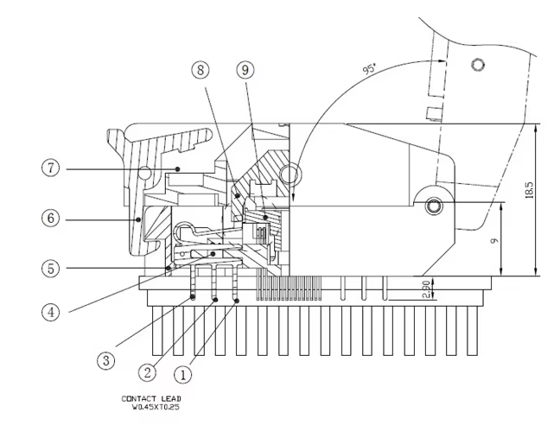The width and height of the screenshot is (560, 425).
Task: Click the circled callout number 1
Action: pos(182,375)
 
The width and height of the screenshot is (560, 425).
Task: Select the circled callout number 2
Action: pos(147,373)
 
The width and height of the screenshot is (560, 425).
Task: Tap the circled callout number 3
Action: pos(106,360)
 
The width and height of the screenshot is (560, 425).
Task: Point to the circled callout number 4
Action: pos(51,312)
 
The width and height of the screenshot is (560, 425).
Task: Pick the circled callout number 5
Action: pos(51,269)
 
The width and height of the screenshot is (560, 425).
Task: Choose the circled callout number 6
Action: pos(51,218)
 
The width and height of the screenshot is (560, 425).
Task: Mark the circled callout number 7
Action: pos(51,168)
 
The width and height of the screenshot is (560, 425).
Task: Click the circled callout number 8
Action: pos(200,70)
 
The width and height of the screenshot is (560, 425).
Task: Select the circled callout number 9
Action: pos(245,70)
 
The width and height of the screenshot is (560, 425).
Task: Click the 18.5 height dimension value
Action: pos(529,190)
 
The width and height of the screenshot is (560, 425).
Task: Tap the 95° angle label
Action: pos(370,68)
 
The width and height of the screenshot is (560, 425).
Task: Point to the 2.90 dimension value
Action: pos(426,289)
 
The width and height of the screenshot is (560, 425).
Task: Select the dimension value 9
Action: pos(494,241)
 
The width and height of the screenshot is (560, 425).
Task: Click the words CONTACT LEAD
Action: pos(151,398)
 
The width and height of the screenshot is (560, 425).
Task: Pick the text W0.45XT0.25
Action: pos(156,407)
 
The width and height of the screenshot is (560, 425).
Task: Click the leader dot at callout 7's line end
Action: pos(177,168)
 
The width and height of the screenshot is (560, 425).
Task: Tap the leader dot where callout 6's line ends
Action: pos(138,219)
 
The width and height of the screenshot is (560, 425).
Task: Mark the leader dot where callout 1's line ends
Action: pos(237,301)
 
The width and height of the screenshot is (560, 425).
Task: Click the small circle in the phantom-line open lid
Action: pos(478,65)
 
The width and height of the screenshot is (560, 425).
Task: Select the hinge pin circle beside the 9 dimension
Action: pos(434,206)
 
